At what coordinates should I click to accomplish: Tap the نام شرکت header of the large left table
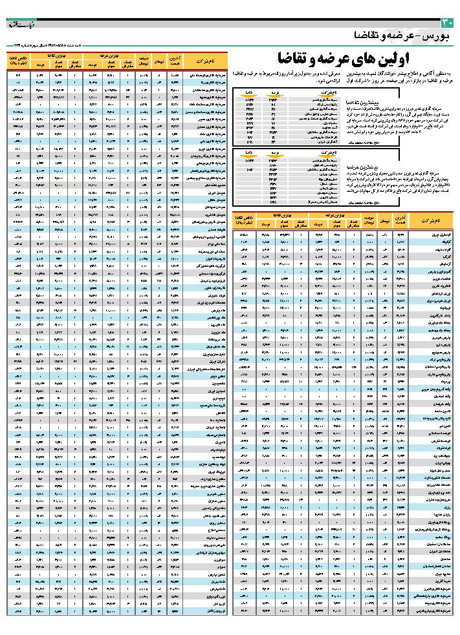[x=203, y=61]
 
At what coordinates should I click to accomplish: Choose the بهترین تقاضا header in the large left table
[x=54, y=57]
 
